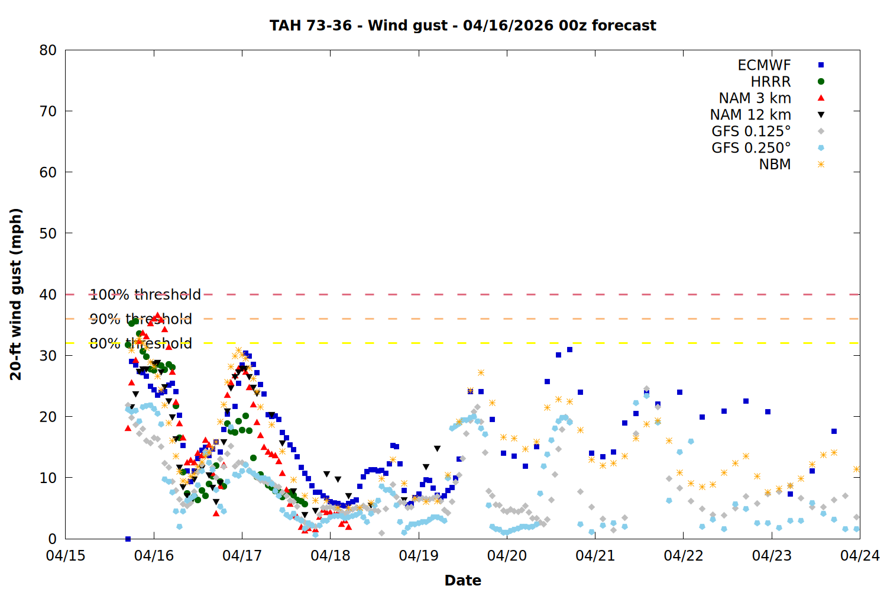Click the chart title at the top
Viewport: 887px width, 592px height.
(x=462, y=25)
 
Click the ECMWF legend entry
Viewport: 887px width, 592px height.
(x=764, y=65)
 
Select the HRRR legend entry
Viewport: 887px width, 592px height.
(x=771, y=82)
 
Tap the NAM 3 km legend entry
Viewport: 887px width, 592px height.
(x=755, y=98)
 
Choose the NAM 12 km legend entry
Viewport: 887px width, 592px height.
(x=750, y=115)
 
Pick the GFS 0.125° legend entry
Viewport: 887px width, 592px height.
(x=751, y=131)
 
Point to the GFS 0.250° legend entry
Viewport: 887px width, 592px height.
(x=751, y=148)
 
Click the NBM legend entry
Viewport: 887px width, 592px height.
(x=775, y=165)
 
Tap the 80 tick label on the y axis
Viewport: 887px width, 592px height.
(x=48, y=50)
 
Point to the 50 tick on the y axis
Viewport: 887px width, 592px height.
(x=48, y=233)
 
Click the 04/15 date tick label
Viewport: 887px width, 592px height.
(x=66, y=556)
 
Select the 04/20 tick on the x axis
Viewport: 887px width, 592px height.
(x=507, y=556)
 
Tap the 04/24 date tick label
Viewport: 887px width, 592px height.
(x=860, y=556)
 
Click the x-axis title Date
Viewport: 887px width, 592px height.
(x=462, y=580)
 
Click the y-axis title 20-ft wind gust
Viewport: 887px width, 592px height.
(x=16, y=294)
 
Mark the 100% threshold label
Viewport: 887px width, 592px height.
(x=145, y=294)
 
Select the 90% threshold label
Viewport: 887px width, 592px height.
(x=141, y=319)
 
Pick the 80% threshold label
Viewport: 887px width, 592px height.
(x=141, y=343)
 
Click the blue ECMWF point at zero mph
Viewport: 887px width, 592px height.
(x=128, y=539)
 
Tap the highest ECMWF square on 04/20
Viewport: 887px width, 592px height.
(x=569, y=350)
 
